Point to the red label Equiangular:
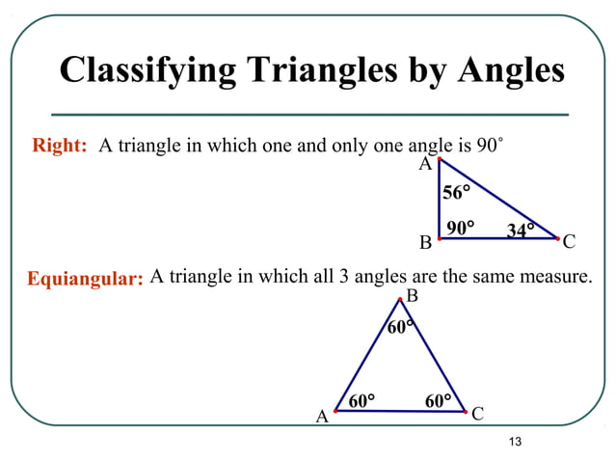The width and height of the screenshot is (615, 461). point(85,280)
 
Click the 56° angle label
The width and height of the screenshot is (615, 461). point(456,193)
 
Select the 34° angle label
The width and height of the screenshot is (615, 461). point(521,230)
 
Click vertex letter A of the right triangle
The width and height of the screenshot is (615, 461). point(424,165)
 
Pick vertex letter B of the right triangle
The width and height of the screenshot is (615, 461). point(425,241)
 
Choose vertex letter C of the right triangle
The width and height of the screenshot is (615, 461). point(569,241)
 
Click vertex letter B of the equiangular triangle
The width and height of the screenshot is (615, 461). point(412,295)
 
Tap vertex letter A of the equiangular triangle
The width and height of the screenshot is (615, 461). point(323,418)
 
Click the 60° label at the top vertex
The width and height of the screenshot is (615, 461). point(400,328)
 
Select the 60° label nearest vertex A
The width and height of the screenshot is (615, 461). point(361,400)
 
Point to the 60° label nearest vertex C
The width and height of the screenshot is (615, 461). point(438,400)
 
